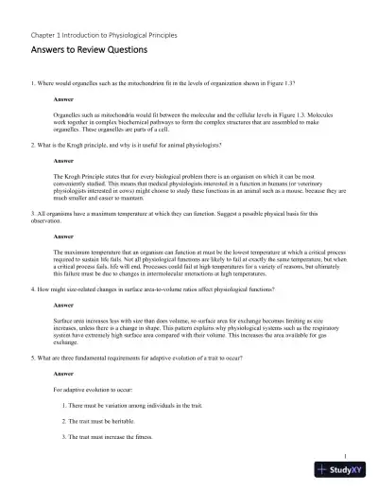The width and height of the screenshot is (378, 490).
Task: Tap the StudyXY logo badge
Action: [x=344, y=470]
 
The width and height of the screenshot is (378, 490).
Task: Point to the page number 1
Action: [x=347, y=454]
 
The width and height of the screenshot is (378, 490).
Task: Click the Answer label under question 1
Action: [x=64, y=98]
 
